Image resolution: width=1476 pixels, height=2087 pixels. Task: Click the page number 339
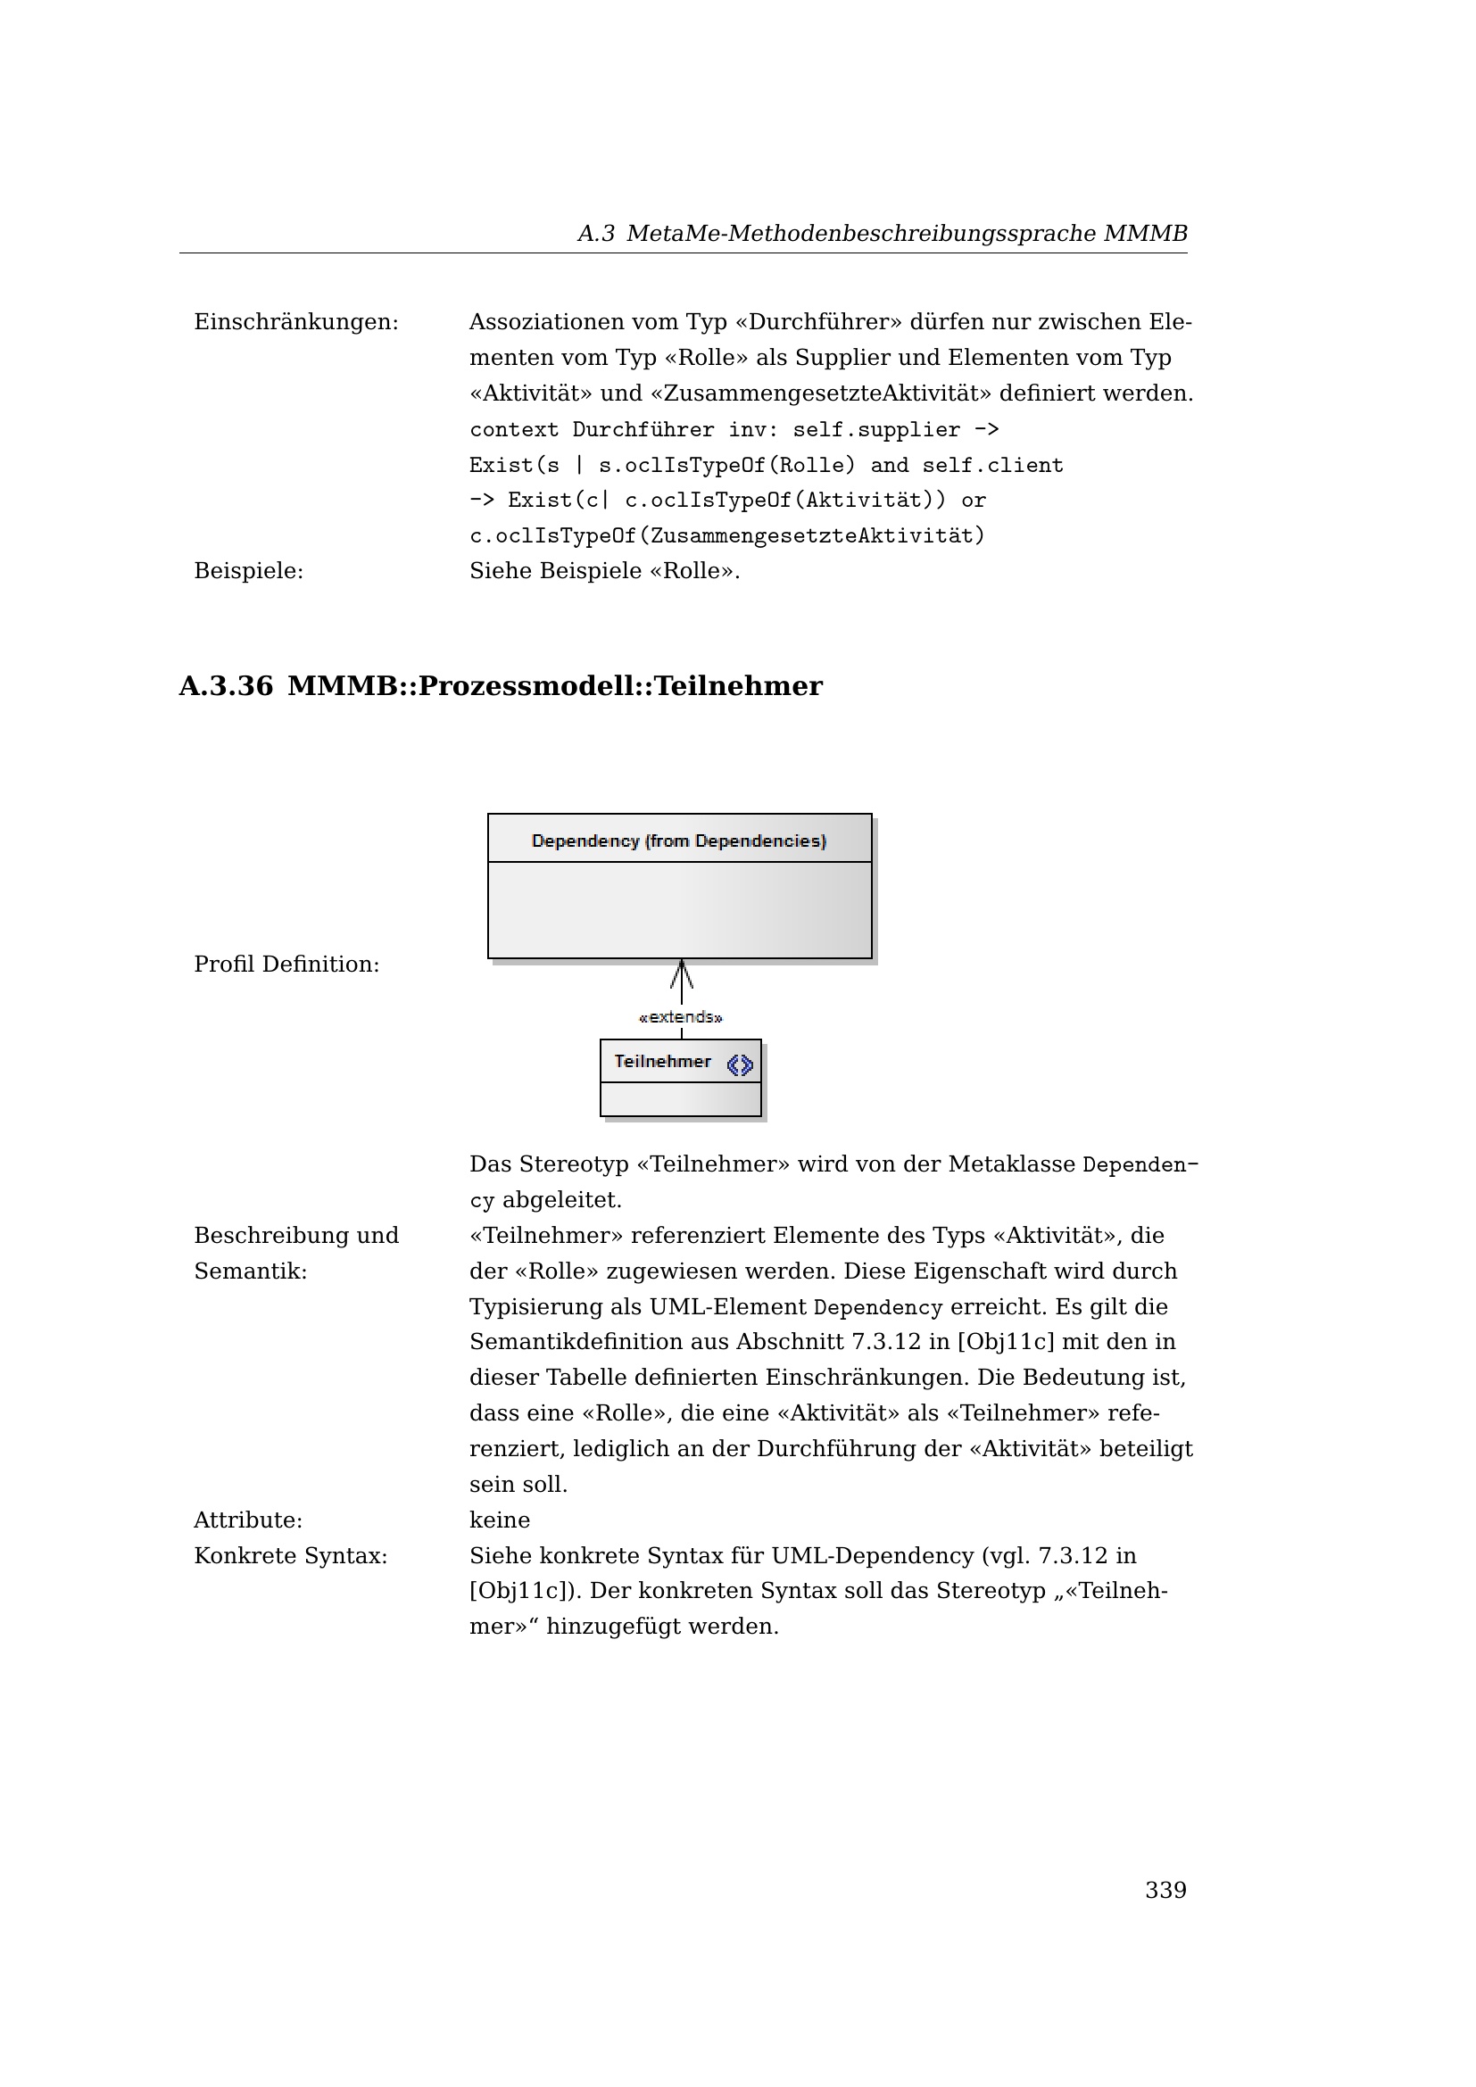1165,1890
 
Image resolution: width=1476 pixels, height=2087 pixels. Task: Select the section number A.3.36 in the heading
226,686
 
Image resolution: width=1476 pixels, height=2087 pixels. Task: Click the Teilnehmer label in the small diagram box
661,1062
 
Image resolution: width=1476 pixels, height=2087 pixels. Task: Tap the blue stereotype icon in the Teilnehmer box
740,1064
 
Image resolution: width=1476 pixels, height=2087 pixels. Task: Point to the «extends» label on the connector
681,1017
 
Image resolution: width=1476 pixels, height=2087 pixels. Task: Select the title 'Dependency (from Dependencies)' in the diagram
679,841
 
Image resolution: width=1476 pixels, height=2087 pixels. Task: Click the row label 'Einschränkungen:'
296,323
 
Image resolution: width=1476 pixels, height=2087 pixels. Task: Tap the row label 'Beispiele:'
248,571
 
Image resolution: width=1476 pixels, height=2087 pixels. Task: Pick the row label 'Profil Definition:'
286,965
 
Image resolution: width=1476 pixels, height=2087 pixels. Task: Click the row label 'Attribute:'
248,1520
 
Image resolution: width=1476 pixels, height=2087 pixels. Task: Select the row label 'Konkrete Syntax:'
291,1556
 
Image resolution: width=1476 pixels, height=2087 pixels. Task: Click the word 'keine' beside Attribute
499,1520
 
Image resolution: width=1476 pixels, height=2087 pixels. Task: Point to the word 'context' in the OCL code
513,430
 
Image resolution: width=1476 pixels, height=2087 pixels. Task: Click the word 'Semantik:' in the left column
251,1271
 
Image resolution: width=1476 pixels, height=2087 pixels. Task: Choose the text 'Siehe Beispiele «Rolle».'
604,571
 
